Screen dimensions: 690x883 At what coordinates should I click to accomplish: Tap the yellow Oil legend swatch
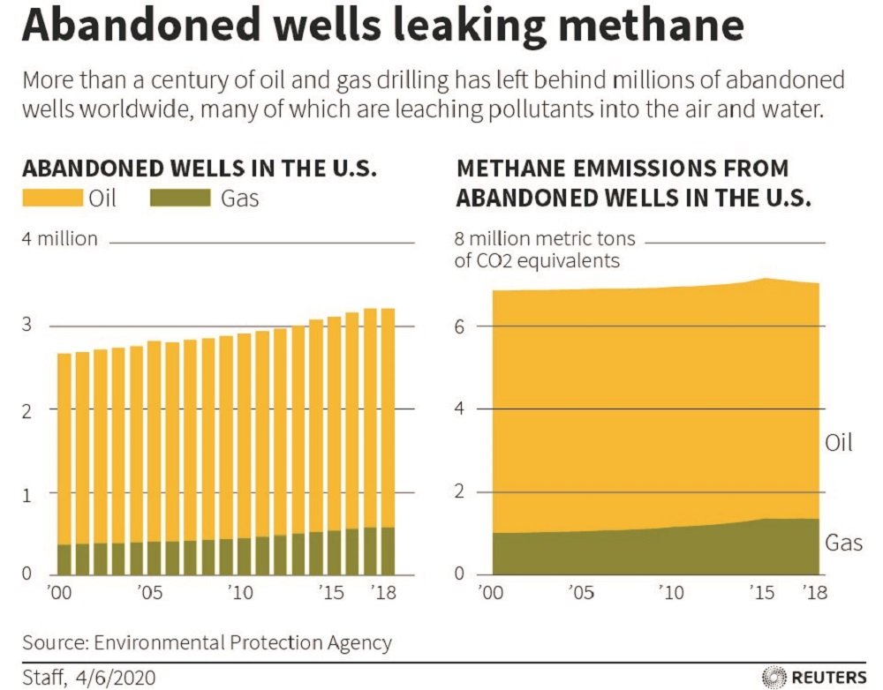point(52,197)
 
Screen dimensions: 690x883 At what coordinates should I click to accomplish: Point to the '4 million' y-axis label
point(59,239)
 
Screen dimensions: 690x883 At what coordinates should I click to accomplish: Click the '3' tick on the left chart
point(27,326)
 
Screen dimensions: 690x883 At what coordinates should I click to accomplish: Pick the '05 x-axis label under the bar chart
point(151,592)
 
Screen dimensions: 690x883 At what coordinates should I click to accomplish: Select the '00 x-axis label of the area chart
point(491,592)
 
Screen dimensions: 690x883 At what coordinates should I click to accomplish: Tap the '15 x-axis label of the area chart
point(760,592)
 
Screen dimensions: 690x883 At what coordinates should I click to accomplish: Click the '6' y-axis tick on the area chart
point(460,326)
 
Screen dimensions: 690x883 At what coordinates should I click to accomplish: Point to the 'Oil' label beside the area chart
point(839,442)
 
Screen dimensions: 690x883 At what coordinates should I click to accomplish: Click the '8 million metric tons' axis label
point(550,239)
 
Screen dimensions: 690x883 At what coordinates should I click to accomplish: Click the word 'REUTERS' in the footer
point(829,677)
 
